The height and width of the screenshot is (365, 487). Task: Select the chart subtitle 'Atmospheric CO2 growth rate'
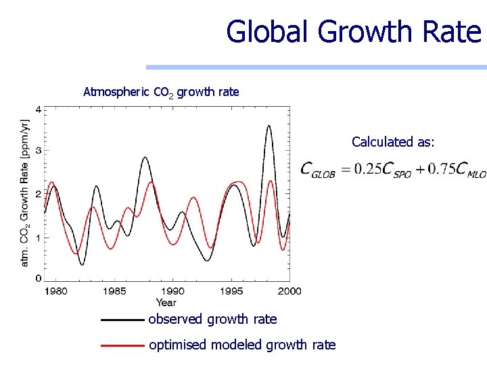pos(161,91)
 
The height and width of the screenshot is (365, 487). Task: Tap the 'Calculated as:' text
pos(393,142)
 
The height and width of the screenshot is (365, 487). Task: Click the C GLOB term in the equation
pos(318,170)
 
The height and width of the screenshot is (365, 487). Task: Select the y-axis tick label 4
pos(38,109)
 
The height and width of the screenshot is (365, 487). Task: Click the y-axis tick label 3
pos(38,151)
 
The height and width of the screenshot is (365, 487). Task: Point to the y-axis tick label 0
pos(38,278)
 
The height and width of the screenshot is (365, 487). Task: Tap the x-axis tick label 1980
pos(55,291)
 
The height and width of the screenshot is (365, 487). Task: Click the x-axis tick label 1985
pos(114,291)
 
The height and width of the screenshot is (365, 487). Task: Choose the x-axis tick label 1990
pos(172,291)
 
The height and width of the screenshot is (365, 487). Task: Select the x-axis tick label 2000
pos(289,291)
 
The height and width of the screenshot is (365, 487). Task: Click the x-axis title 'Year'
pos(166,302)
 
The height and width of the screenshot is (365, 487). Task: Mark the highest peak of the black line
pos(269,126)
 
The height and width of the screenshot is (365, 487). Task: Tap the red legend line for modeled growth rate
pos(122,345)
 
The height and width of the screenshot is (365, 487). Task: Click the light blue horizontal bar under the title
pos(316,67)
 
